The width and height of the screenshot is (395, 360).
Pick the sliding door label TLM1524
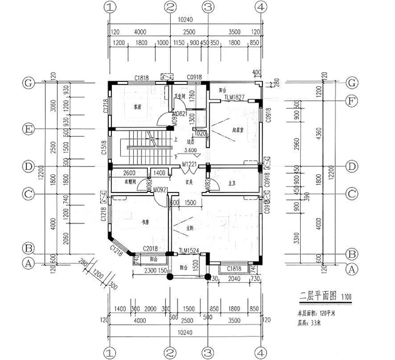click(x=188, y=251)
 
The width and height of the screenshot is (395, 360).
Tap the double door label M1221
click(x=190, y=164)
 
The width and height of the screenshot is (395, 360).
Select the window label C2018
click(x=151, y=248)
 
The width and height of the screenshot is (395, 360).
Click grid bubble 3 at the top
click(x=208, y=8)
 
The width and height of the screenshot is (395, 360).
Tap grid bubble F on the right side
click(x=351, y=100)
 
